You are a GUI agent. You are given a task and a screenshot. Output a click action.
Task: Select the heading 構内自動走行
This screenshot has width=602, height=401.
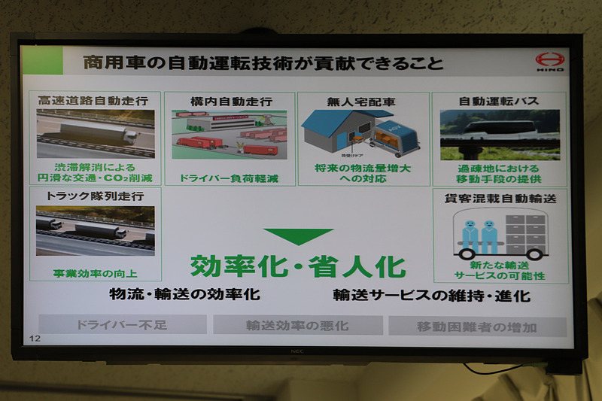point(230,100)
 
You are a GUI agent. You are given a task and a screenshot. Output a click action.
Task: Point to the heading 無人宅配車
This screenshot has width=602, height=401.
point(362,100)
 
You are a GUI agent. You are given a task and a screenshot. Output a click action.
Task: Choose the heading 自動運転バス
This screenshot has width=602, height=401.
point(499,101)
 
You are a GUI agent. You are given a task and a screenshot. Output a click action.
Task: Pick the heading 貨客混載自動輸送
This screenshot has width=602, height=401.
point(500,199)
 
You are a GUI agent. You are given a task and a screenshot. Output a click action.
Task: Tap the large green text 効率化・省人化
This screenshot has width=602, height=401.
point(298,266)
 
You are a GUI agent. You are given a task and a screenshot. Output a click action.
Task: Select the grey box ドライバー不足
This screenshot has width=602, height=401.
point(123,325)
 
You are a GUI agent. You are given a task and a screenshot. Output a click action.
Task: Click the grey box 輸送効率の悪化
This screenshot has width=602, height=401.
point(297,326)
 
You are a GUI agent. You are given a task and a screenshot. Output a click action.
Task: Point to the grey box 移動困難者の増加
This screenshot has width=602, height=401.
point(476,327)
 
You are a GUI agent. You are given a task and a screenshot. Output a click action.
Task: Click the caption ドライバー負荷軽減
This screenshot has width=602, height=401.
point(229,178)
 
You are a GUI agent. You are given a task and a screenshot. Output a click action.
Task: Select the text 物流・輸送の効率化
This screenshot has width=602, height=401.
point(185,294)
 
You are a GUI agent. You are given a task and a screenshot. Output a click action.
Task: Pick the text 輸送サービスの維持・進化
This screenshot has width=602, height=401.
point(431,295)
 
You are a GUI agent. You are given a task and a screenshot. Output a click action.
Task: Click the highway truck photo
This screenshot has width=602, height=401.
point(95,133)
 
